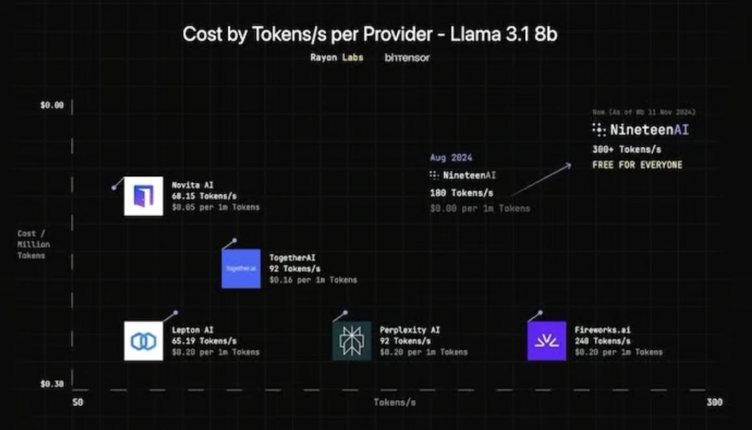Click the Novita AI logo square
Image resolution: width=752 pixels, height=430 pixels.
[144, 196]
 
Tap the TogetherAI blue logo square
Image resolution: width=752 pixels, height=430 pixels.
[241, 269]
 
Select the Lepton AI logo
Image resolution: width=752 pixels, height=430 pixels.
[144, 341]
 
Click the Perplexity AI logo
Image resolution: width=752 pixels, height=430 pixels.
[352, 341]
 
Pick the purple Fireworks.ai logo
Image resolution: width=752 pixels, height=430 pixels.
[547, 341]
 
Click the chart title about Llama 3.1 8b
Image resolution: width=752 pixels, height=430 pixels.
[370, 34]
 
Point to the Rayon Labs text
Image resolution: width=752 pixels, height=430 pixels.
[336, 57]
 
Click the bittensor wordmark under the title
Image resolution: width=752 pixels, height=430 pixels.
[407, 57]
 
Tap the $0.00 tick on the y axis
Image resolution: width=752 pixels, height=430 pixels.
[52, 105]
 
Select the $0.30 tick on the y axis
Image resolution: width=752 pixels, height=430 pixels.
[52, 384]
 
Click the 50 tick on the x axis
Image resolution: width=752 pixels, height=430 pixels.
[77, 403]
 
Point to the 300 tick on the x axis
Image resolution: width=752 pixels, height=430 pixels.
[714, 403]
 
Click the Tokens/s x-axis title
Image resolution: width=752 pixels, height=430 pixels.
[395, 403]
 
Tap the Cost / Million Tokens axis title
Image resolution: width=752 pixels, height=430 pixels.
[33, 245]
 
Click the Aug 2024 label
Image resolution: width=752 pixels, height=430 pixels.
[451, 157]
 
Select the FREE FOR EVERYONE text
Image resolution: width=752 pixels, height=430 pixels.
[637, 165]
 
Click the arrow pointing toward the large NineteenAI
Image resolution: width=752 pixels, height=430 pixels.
[541, 179]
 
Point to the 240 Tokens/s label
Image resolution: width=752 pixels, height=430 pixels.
[603, 341]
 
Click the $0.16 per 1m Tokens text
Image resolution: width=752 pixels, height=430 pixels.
[313, 280]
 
